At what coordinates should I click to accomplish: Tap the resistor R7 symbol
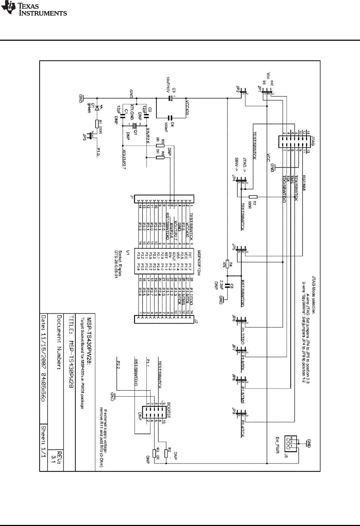tap(253, 197)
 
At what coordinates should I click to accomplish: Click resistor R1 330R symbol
tap(96, 124)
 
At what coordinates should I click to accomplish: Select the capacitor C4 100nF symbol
tap(170, 117)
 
